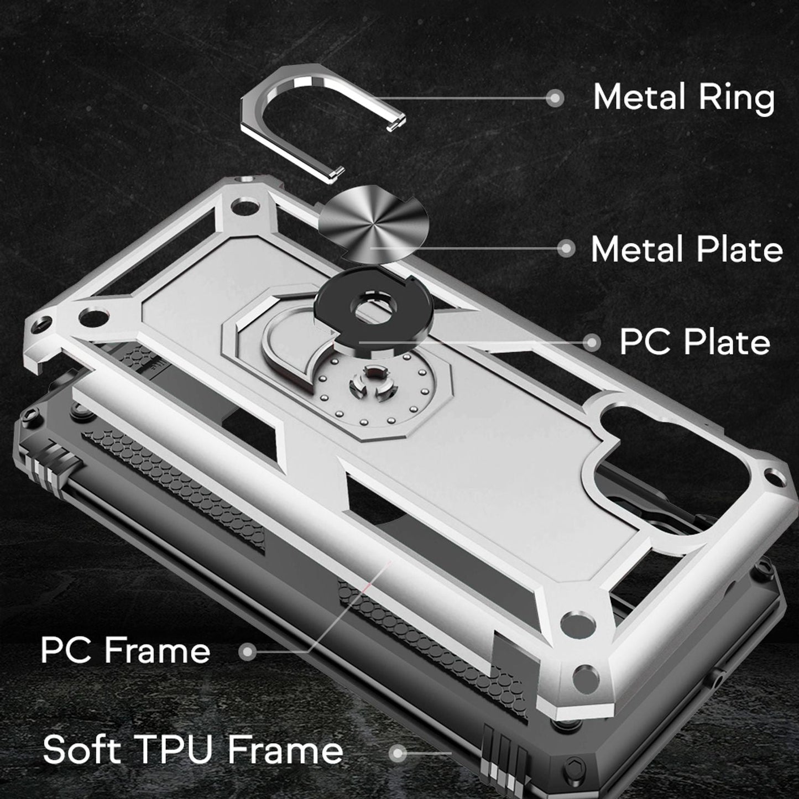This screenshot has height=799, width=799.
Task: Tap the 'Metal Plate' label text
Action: pos(687,249)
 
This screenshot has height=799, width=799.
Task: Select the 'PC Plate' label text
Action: pos(694,342)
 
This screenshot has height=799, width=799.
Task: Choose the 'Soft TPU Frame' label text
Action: pos(193,750)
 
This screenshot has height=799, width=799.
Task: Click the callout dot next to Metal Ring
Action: pos(555,98)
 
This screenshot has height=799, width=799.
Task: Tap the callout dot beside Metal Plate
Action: pos(566,249)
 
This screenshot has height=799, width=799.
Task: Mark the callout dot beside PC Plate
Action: pos(591,342)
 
